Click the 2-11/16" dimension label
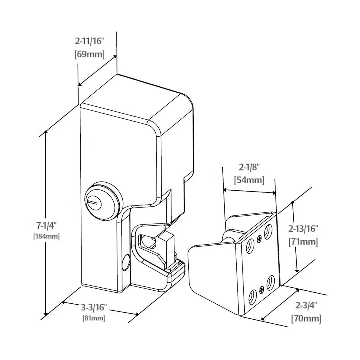tap(90, 41)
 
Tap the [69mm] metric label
tap(90, 55)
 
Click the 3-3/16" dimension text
tap(93, 307)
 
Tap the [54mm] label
tap(249, 180)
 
